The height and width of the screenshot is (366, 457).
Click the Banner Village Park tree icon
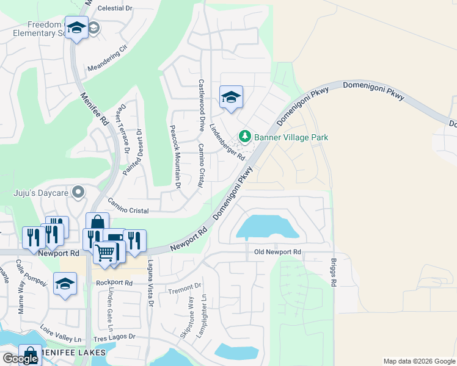click(x=245, y=135)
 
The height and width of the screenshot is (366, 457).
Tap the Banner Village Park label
click(x=291, y=137)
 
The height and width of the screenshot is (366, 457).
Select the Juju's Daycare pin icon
click(x=78, y=193)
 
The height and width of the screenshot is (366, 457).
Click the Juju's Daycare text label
click(x=39, y=193)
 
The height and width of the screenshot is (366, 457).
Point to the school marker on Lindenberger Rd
click(x=231, y=98)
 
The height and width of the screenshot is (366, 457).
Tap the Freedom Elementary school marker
click(x=76, y=28)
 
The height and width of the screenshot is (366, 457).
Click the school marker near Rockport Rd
click(x=65, y=284)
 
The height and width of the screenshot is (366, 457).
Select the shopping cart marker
click(x=105, y=252)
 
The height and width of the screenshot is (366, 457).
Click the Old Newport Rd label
click(x=277, y=252)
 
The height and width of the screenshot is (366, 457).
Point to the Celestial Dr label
click(x=115, y=9)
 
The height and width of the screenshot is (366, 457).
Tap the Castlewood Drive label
click(x=201, y=105)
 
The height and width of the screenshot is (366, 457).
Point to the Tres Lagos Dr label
click(x=114, y=337)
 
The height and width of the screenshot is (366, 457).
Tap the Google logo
click(x=20, y=359)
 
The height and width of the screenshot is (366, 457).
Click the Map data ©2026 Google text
click(x=419, y=361)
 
